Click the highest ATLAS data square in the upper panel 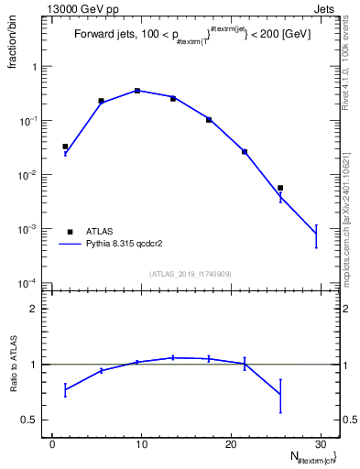(x=137, y=91)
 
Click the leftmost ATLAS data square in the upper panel (x=65, y=147)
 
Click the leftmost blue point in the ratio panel (x=65, y=390)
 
